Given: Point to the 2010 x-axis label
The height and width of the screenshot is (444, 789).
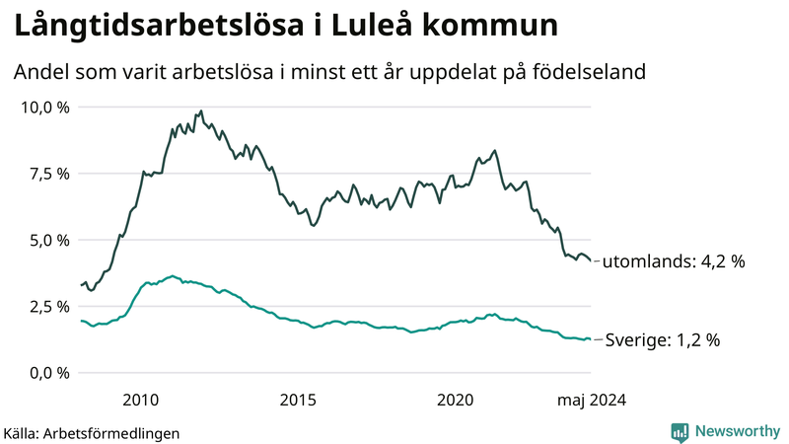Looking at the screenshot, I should pos(140,400).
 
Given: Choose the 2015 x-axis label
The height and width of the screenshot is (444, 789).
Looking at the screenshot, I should pos(298,400).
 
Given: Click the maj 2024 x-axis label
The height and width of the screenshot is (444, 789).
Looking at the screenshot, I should pos(591,400).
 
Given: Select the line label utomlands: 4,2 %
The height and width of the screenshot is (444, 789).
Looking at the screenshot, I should pos(673,262).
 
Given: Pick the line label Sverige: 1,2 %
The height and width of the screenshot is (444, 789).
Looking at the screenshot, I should pos(662,340).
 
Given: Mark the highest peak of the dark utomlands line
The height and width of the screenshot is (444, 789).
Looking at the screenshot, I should pos(201,111).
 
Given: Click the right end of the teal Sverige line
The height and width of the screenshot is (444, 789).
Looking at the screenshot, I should pos(590,339).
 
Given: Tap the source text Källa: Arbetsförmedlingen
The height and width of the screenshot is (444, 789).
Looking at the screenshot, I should pos(92,432).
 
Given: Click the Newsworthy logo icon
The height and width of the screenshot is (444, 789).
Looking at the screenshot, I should pos(680,431).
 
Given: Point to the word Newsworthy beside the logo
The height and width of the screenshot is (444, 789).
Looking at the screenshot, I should pos(737,431).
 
